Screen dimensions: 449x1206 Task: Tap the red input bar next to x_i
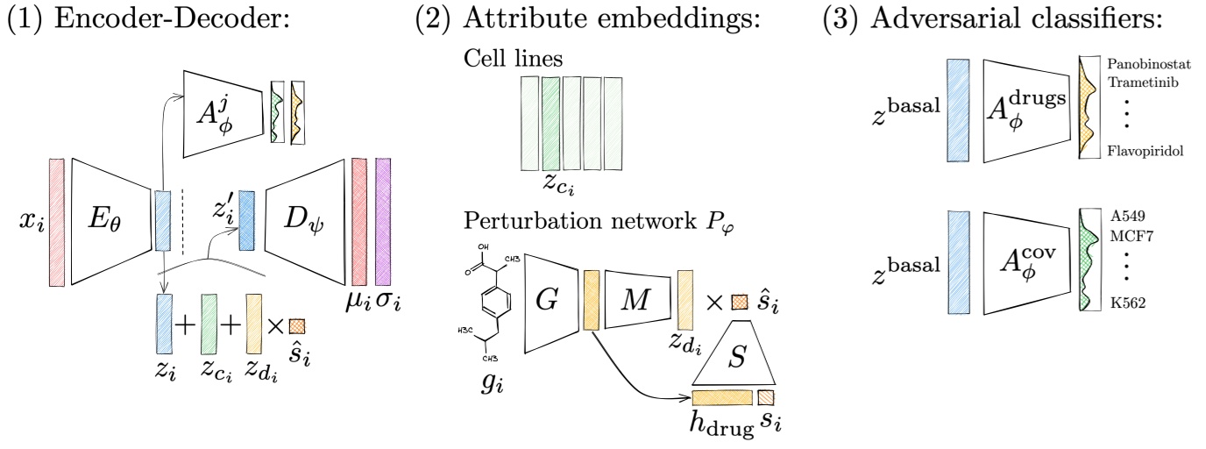(x=57, y=221)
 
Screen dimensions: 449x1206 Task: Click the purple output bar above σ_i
(x=383, y=221)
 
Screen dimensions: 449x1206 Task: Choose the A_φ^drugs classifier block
(x=1027, y=110)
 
